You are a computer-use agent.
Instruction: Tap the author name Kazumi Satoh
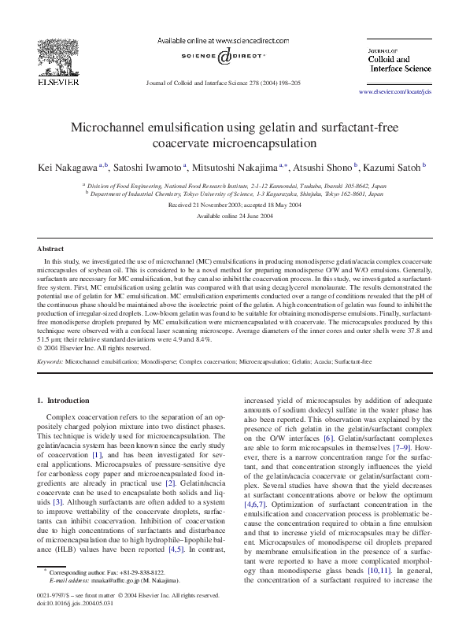[x=390, y=167]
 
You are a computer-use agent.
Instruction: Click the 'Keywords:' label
[x=51, y=361]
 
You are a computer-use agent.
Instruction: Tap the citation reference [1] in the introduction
[x=97, y=454]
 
